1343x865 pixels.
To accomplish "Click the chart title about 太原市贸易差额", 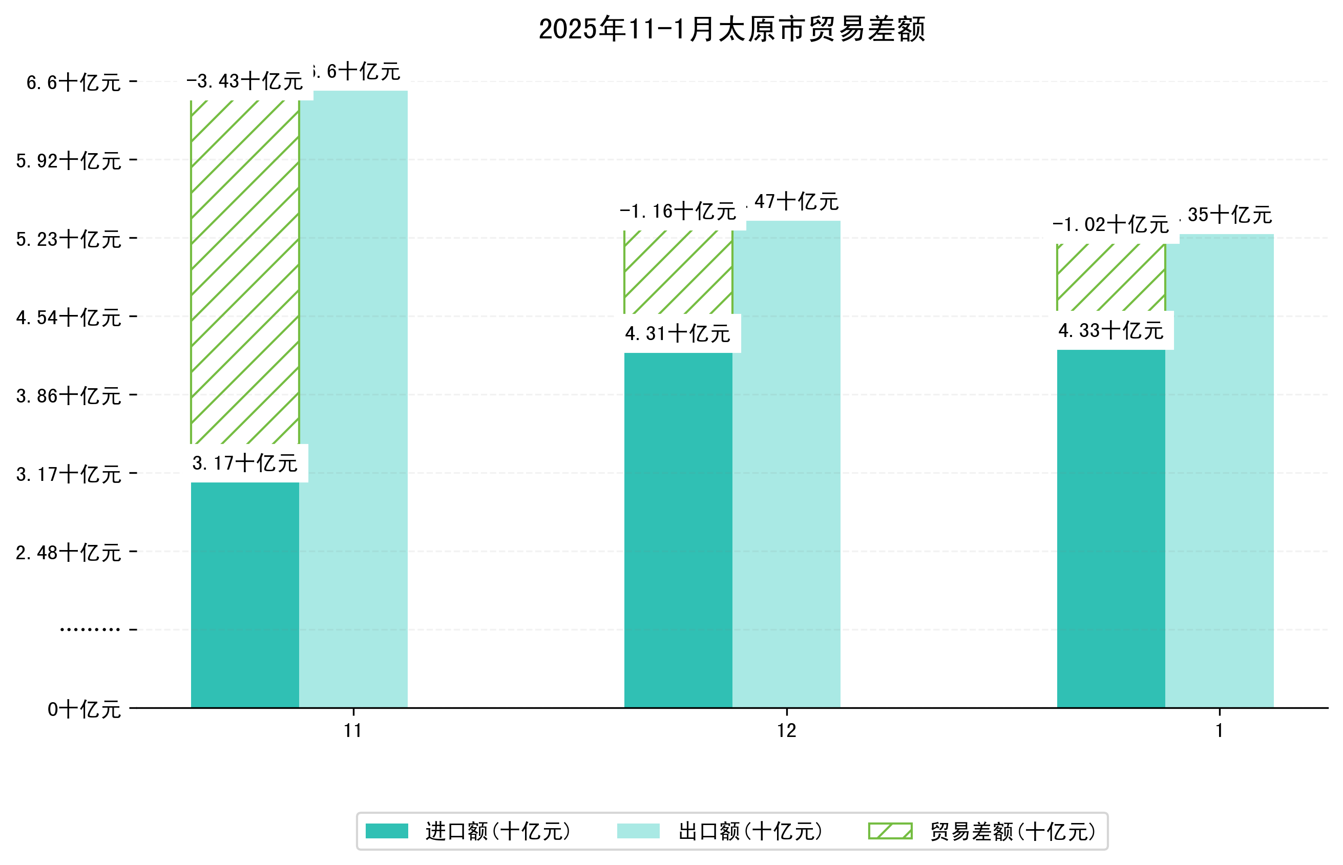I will (x=731, y=29).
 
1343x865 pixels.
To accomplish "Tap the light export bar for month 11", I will (x=353, y=399).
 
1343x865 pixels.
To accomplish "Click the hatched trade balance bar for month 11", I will (x=245, y=272).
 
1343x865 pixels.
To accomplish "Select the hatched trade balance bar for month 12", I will (x=678, y=272).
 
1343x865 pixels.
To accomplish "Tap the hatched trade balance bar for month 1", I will (x=1110, y=278).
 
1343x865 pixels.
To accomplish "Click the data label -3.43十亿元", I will (x=245, y=81).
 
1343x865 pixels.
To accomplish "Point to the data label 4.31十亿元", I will (x=678, y=333).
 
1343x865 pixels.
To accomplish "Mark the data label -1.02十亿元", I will (x=1110, y=225).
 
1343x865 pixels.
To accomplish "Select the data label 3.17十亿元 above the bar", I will (x=245, y=463).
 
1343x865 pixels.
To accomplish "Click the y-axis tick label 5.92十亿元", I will (x=69, y=161).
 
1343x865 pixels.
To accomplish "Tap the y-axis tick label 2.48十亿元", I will (x=69, y=553).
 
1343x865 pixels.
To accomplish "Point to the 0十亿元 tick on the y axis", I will (x=84, y=709).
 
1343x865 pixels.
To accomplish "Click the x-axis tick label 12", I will (x=786, y=731).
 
